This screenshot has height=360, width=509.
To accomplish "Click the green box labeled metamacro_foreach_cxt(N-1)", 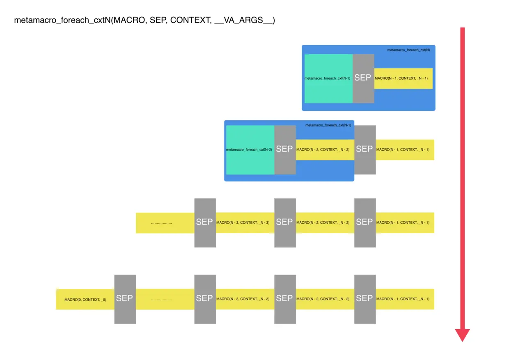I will [x=328, y=78].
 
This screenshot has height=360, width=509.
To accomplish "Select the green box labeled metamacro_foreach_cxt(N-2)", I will [x=250, y=149].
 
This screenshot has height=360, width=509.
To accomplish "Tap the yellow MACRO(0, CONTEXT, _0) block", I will [x=85, y=299].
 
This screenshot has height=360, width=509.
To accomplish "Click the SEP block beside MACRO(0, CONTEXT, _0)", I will [x=125, y=298].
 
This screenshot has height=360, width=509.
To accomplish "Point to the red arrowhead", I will [x=462, y=335].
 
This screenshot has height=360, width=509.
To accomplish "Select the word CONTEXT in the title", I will [x=188, y=21].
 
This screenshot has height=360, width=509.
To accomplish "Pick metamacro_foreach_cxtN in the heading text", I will [x=62, y=21].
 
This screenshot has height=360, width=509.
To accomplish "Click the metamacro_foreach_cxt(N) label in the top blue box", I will [x=408, y=50].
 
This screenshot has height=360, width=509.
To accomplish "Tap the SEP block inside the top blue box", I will [x=363, y=78].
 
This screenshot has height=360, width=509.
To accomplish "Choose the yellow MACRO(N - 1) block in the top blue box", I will [x=403, y=78].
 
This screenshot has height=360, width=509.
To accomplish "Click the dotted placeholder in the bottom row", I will [x=161, y=299].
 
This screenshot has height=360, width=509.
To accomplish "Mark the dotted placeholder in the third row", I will [x=161, y=223].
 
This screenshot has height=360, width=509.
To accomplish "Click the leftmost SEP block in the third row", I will [x=205, y=222].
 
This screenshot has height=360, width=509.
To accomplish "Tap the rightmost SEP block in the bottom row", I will [x=365, y=298].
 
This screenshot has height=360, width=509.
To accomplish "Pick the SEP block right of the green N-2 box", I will [x=285, y=149].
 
